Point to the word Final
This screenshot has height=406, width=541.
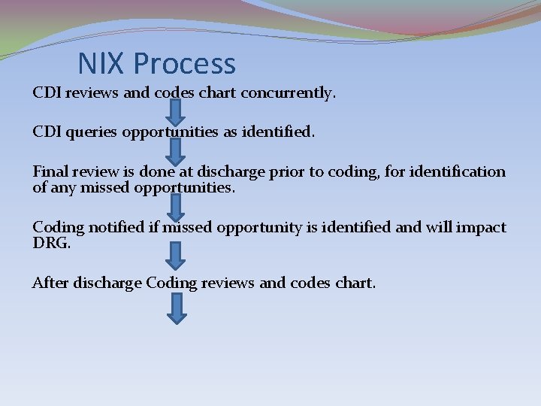pyautogui.click(x=49, y=171)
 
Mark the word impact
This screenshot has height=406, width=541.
pyautogui.click(x=482, y=227)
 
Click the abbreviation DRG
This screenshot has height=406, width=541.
pyautogui.click(x=50, y=244)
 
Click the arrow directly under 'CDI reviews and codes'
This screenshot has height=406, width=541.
pyautogui.click(x=175, y=111)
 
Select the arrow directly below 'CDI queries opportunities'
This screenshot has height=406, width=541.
pyautogui.click(x=175, y=151)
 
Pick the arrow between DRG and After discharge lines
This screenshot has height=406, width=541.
pyautogui.click(x=175, y=255)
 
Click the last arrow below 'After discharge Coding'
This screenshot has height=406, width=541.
pyautogui.click(x=175, y=308)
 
